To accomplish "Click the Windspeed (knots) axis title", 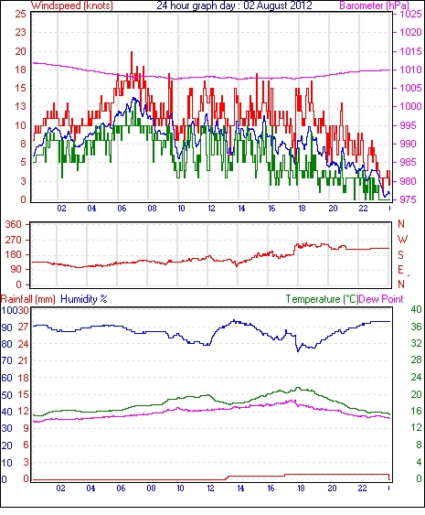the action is click(72, 5).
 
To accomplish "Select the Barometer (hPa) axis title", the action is click(375, 5).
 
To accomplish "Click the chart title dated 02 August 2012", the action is click(234, 5).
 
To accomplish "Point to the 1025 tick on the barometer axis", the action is click(410, 14).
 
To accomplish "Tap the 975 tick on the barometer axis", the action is click(409, 199).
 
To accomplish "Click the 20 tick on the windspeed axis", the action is click(20, 51).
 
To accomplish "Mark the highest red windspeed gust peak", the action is click(132, 52).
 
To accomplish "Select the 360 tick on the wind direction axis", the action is click(14, 225).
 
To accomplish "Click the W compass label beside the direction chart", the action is click(402, 240).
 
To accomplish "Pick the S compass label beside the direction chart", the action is click(400, 254).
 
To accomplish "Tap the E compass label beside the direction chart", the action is click(400, 270).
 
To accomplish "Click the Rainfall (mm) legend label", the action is click(28, 299).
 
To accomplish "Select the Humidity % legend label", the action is click(84, 299).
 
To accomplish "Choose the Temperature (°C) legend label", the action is click(322, 299).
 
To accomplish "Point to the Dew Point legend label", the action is click(381, 299).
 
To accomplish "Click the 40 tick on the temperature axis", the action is click(417, 309).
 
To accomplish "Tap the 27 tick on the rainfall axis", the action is click(24, 327).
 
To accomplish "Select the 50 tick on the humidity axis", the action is click(7, 395).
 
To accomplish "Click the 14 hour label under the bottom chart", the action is click(240, 488).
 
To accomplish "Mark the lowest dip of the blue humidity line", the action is click(298, 351).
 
